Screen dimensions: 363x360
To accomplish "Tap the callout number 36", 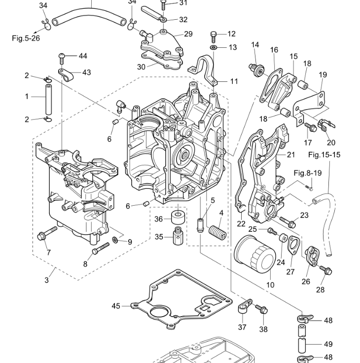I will click(159, 219).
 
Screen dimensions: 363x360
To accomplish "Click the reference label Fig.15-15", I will click(324, 155).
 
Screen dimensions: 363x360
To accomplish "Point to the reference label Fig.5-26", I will click(26, 38).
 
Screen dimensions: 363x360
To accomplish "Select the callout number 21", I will click(290, 155).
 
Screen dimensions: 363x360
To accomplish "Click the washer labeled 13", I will click(213, 47).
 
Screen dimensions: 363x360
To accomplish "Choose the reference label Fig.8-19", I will click(307, 173).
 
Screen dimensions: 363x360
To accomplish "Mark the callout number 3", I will click(47, 280).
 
